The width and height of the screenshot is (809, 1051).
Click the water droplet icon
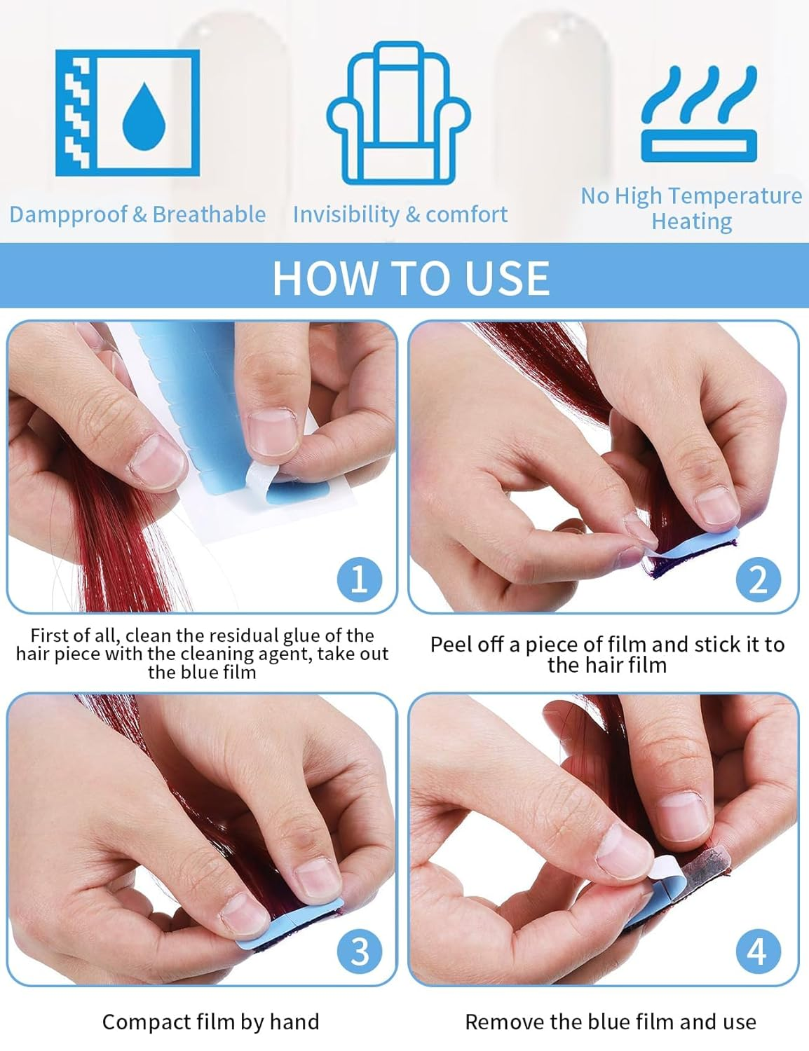(x=144, y=116)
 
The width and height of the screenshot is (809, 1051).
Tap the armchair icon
(x=398, y=113)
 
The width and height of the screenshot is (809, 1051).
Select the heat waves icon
(x=699, y=114)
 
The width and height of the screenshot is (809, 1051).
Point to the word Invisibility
(x=346, y=214)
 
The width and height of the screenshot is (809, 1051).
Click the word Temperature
(x=735, y=196)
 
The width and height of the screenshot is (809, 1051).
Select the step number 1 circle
(x=360, y=579)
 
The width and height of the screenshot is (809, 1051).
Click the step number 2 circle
(x=759, y=579)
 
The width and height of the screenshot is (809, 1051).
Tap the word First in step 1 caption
(x=49, y=635)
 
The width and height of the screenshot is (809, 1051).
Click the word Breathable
(x=209, y=214)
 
